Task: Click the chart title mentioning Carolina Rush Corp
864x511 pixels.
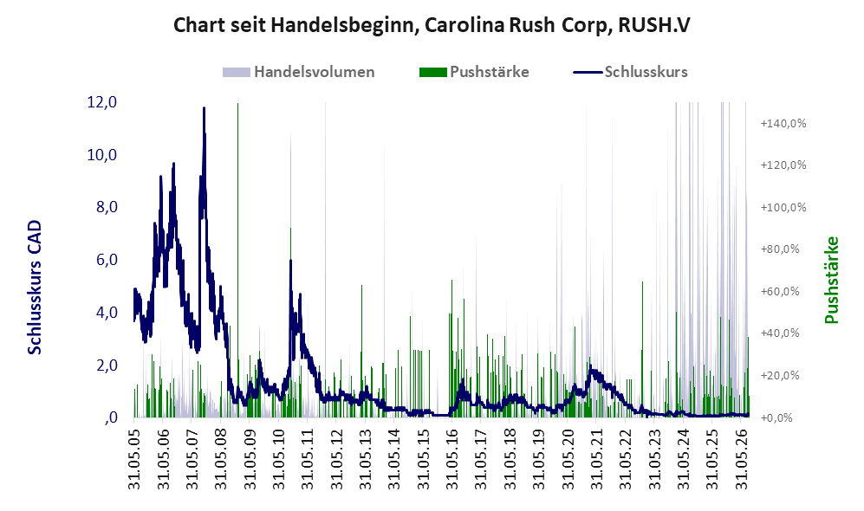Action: click(x=432, y=25)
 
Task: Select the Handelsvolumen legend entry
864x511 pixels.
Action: click(x=299, y=72)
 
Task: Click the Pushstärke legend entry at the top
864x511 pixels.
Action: click(x=474, y=72)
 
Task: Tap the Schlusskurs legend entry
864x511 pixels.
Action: click(x=630, y=72)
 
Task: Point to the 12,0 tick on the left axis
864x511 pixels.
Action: click(x=102, y=102)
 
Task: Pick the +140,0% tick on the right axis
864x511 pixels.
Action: click(x=783, y=123)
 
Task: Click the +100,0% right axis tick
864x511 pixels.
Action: click(x=783, y=208)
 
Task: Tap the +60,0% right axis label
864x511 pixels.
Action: click(x=780, y=291)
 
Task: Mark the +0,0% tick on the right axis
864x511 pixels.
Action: click(x=776, y=418)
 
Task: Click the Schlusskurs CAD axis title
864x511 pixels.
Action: click(x=35, y=288)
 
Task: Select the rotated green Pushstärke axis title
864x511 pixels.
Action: click(x=831, y=281)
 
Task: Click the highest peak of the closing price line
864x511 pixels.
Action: click(x=204, y=108)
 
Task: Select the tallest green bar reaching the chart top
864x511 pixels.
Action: click(x=237, y=260)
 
